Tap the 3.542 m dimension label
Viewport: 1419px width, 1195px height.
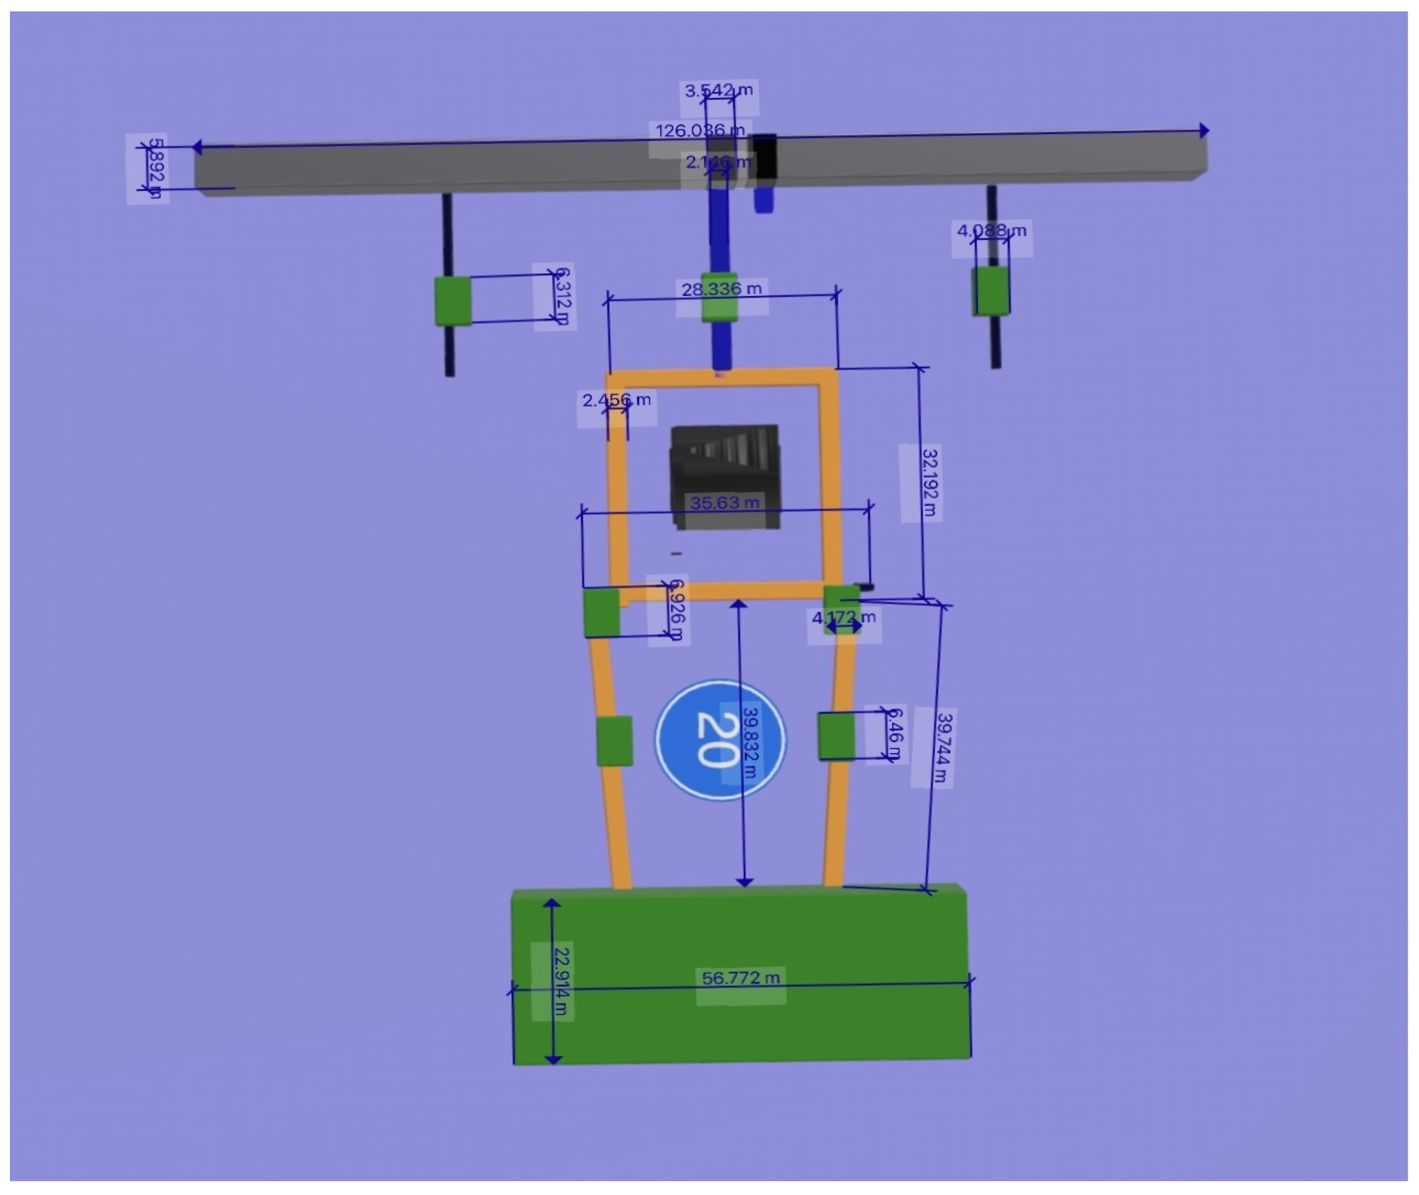click(x=718, y=91)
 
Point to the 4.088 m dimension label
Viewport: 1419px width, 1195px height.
click(x=991, y=231)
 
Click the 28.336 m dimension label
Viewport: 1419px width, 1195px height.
click(x=722, y=289)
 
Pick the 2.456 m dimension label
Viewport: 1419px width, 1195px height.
click(x=616, y=400)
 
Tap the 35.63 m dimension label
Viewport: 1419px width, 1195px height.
click(x=724, y=503)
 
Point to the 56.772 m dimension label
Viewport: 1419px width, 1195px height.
click(x=741, y=978)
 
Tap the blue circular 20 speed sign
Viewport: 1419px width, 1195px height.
click(x=720, y=740)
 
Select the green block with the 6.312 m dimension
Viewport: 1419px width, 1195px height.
click(x=453, y=301)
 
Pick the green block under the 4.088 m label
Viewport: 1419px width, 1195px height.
click(x=991, y=291)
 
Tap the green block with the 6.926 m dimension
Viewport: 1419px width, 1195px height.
click(x=601, y=613)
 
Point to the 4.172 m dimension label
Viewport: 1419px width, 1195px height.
click(x=844, y=617)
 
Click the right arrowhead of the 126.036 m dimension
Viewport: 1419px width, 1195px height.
click(x=1204, y=130)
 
